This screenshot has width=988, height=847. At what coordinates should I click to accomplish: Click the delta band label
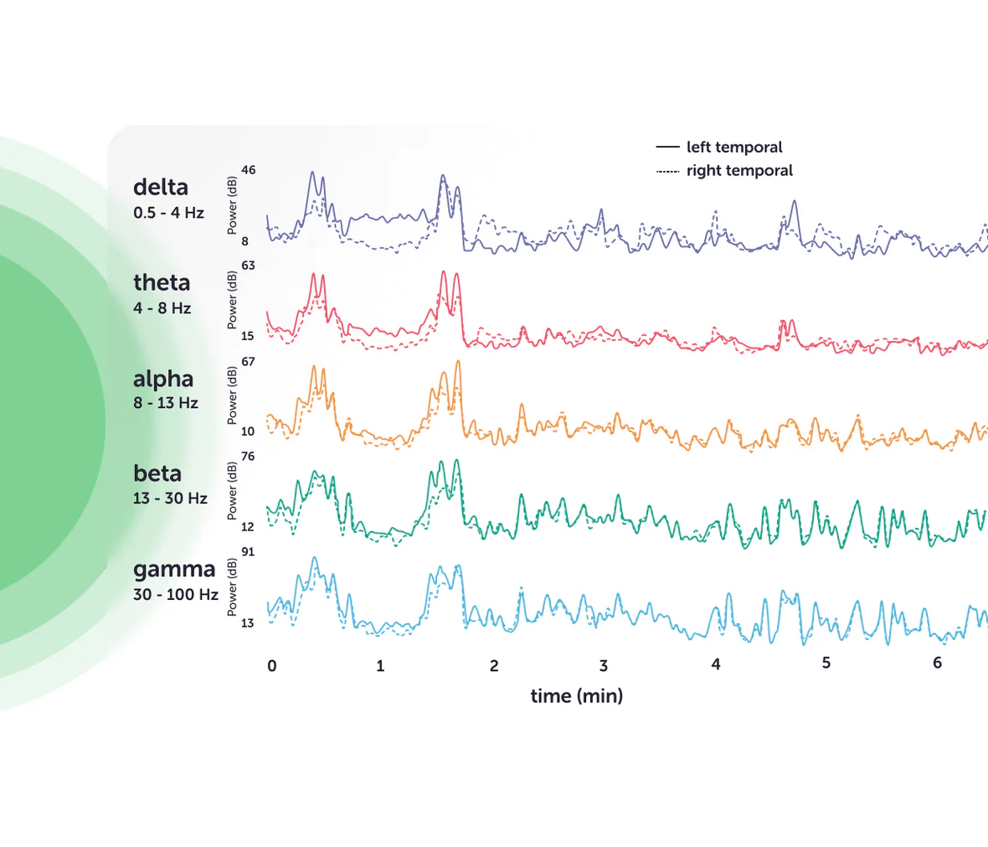[x=161, y=188]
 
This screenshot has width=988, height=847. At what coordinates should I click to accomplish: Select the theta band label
[x=162, y=283]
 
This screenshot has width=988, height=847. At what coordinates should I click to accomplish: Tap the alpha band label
[x=163, y=380]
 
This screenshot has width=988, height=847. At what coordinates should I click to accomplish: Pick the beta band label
[x=157, y=473]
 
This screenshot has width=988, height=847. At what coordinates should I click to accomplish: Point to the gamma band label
[x=174, y=570]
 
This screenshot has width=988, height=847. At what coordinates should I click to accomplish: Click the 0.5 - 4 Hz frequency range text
[x=168, y=213]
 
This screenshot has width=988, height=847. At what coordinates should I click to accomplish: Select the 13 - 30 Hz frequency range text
[x=170, y=498]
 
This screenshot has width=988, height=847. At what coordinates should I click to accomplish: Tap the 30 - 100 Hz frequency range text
[x=176, y=595]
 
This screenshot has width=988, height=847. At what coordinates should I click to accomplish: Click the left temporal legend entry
[x=733, y=147]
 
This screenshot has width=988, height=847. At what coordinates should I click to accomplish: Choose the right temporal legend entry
[x=738, y=171]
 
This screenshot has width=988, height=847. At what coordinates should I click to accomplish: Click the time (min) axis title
[x=577, y=696]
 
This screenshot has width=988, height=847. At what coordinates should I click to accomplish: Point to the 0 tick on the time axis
[x=272, y=666]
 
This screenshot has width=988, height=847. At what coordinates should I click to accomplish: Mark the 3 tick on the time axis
[x=604, y=666]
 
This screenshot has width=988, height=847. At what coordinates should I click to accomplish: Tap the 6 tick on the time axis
[x=937, y=663]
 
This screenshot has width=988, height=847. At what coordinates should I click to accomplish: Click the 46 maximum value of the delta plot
[x=249, y=170]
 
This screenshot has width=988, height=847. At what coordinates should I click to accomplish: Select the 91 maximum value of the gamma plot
[x=248, y=552]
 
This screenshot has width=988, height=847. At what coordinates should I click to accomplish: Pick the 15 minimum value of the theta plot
[x=248, y=336]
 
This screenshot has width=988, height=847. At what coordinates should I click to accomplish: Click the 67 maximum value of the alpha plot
[x=248, y=361]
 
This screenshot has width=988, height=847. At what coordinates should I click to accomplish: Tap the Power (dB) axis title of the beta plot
[x=232, y=491]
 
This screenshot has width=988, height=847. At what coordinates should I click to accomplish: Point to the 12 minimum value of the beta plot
[x=248, y=527]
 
